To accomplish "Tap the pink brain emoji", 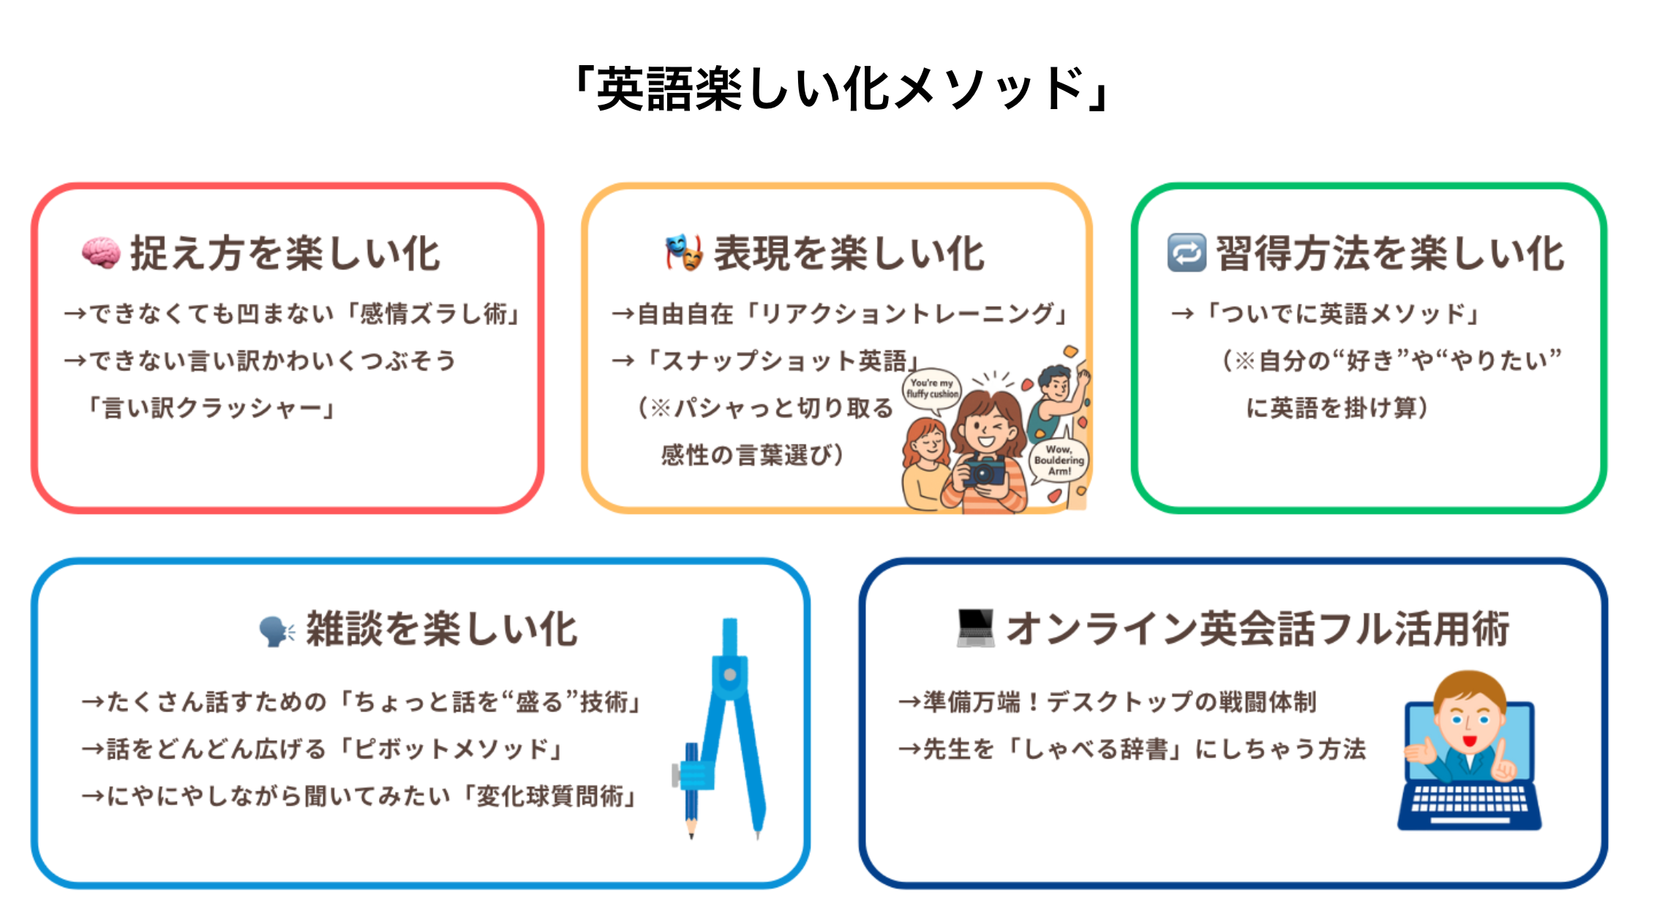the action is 101,253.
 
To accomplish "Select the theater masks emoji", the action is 684,253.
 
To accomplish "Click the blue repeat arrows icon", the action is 1187,253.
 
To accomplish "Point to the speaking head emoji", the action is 277,630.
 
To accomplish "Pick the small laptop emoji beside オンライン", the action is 976,628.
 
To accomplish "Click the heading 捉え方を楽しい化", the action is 285,253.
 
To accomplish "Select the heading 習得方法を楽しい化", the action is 1390,253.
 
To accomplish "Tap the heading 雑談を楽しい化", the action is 442,629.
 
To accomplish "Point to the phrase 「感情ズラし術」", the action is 433,314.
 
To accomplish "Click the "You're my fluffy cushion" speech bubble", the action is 932,390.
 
